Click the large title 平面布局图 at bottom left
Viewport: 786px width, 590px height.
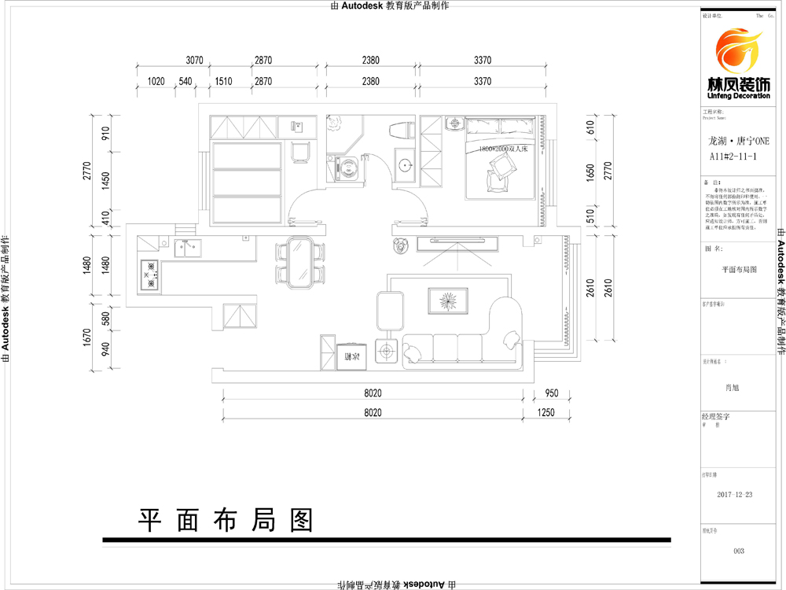[226, 518]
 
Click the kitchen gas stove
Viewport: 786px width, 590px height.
[148, 275]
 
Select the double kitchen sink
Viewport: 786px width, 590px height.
[189, 249]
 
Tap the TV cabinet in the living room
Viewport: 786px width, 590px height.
[456, 242]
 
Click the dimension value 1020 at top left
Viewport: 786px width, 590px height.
[156, 82]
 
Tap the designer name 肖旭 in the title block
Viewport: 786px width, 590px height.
[732, 387]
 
